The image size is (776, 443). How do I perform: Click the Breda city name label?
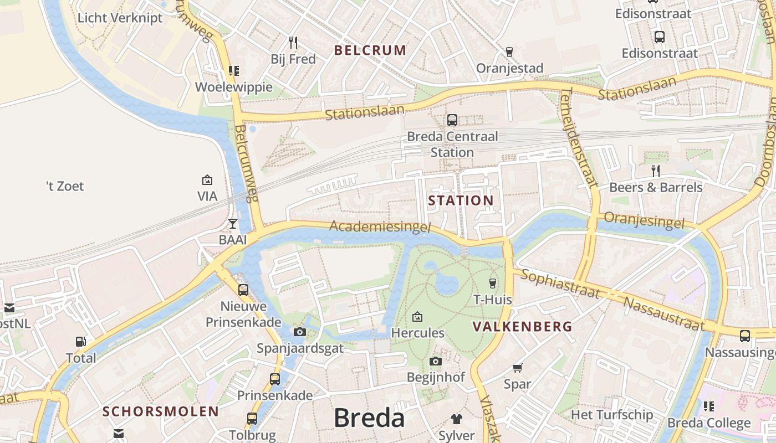[369, 418]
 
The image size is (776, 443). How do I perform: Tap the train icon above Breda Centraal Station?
[452, 120]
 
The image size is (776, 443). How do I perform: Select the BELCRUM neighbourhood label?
[370, 50]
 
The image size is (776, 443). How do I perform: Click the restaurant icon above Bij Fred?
[293, 42]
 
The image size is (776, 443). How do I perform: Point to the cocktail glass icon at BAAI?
[233, 224]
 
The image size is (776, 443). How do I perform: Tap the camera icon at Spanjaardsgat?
[299, 332]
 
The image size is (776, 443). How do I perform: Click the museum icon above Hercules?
[417, 317]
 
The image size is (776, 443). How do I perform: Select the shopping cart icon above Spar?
[517, 368]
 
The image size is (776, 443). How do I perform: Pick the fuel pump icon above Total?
[81, 342]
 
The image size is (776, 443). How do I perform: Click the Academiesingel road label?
[380, 226]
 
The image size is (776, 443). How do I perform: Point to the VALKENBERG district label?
[522, 327]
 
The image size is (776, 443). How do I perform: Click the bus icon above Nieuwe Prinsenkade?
[243, 290]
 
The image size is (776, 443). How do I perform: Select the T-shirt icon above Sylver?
[456, 419]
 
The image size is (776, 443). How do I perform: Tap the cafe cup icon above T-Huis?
[492, 283]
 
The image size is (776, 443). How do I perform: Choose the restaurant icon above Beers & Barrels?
[656, 171]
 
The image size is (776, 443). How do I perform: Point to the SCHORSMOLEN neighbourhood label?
[161, 411]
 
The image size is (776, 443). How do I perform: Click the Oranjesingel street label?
[644, 220]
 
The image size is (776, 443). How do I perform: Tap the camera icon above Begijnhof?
[436, 362]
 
